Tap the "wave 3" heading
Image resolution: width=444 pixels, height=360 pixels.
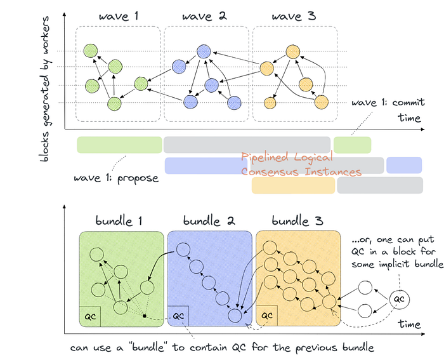pyautogui.click(x=294, y=16)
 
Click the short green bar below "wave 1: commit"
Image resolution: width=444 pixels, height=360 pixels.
pyautogui.click(x=352, y=144)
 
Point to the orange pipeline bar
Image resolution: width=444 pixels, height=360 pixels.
pyautogui.click(x=292, y=185)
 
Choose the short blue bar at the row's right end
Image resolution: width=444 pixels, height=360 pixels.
pyautogui.click(x=404, y=165)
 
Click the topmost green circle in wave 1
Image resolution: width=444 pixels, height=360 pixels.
pyautogui.click(x=92, y=50)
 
